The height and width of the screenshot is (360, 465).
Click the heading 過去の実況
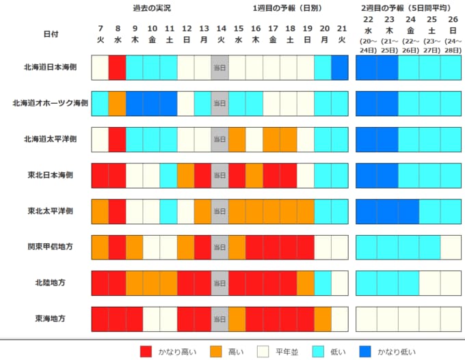[x=152, y=8]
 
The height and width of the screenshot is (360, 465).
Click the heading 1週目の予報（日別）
[x=287, y=8]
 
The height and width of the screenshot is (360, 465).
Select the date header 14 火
[x=220, y=33]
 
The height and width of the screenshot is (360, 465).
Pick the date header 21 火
[x=340, y=33]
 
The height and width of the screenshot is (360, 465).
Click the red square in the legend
[x=146, y=351]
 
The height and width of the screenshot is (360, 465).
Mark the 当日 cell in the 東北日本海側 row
[x=220, y=176]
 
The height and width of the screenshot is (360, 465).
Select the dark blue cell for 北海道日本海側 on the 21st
[x=340, y=68]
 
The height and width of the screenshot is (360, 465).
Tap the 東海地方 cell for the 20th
[x=323, y=318]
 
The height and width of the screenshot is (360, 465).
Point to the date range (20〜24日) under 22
[x=367, y=46]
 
